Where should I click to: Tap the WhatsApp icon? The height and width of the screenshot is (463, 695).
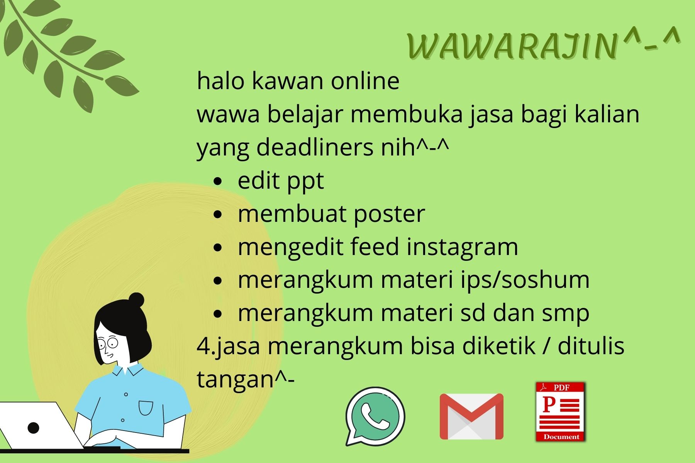point(375,416)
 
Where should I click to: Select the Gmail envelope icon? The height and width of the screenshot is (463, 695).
point(471,416)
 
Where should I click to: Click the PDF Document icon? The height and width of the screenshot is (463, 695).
point(561,412)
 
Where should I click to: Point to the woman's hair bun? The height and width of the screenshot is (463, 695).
point(136,300)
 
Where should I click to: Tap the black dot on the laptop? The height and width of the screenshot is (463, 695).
point(34,428)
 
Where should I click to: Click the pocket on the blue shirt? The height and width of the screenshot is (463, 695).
point(146,408)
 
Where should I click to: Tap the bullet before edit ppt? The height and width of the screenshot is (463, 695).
point(218,181)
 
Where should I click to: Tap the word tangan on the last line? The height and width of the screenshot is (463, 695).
point(235,380)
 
